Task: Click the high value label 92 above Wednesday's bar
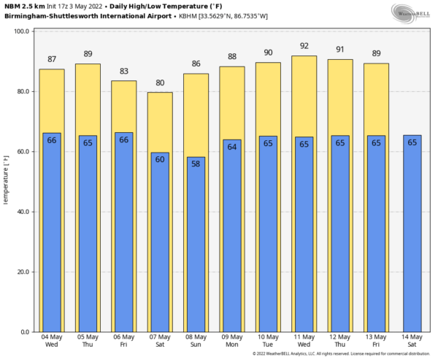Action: pyautogui.click(x=304, y=45)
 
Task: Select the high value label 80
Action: pyautogui.click(x=160, y=83)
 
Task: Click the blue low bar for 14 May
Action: pyautogui.click(x=412, y=241)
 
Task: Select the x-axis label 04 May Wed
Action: pyautogui.click(x=52, y=340)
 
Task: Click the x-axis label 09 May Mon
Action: pyautogui.click(x=231, y=340)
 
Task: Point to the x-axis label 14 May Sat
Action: pyautogui.click(x=412, y=340)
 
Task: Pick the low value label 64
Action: pyautogui.click(x=231, y=146)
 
